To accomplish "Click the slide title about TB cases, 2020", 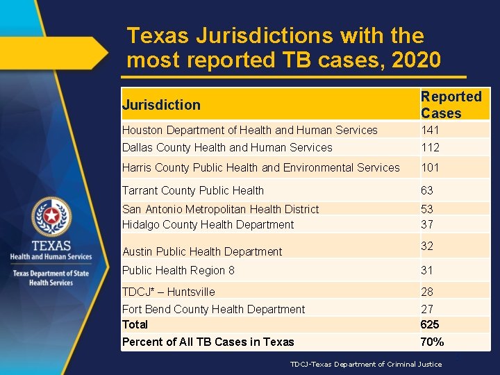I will [283, 48].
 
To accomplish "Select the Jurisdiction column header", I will [161, 105].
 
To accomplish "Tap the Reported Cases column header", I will [451, 105].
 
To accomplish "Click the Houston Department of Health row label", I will [249, 130].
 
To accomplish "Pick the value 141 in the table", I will [430, 130].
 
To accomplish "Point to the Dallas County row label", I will [227, 147].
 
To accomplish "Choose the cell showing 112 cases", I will [430, 147].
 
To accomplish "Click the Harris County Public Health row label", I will [260, 167].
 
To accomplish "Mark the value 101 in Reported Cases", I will [430, 167].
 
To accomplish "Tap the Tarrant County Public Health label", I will [193, 190].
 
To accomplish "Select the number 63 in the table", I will [427, 190].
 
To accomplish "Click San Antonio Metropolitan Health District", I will [220, 209].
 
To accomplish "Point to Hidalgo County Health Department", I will [208, 224].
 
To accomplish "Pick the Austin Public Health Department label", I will [202, 251].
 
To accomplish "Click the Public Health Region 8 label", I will [178, 270].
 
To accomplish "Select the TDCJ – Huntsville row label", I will [169, 292].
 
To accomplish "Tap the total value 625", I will [430, 324].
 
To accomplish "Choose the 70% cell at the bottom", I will [432, 342].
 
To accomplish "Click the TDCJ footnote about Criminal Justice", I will [365, 364].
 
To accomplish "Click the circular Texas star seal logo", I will [51, 217].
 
